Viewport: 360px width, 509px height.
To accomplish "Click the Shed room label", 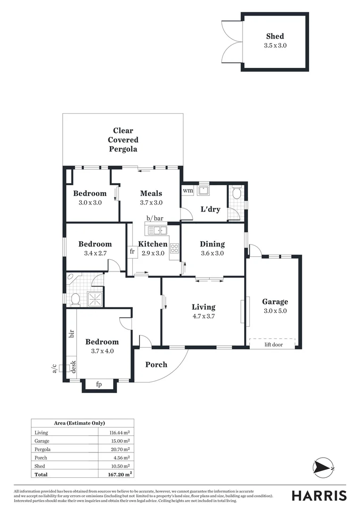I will click(x=275, y=36).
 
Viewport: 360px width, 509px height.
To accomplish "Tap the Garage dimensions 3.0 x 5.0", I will click(x=275, y=311).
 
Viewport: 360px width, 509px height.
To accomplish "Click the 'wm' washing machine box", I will click(x=188, y=191).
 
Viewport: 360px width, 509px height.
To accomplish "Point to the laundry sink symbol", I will click(x=204, y=190).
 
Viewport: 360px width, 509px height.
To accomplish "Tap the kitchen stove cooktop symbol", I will click(x=174, y=248).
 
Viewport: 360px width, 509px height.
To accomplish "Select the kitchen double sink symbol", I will click(x=157, y=230).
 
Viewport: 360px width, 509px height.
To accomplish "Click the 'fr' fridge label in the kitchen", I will click(x=132, y=252).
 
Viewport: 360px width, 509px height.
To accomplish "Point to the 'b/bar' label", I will click(x=155, y=218).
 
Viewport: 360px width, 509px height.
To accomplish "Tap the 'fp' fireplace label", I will click(x=99, y=384).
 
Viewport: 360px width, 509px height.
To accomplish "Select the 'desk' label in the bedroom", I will click(x=73, y=366).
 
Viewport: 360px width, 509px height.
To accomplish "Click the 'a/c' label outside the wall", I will click(x=55, y=369).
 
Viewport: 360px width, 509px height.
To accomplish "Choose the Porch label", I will click(x=156, y=364).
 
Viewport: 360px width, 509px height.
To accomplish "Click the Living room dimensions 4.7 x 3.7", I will click(x=204, y=316).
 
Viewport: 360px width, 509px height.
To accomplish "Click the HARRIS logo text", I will click(x=319, y=495).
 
